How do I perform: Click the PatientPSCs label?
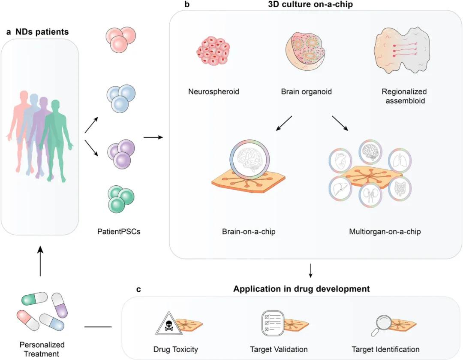pyautogui.click(x=119, y=232)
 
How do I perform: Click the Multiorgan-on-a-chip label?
pyautogui.click(x=385, y=232)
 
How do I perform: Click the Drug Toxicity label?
pyautogui.click(x=176, y=349)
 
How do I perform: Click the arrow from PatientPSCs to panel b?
pyautogui.click(x=154, y=137)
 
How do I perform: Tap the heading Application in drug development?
pyautogui.click(x=301, y=289)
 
